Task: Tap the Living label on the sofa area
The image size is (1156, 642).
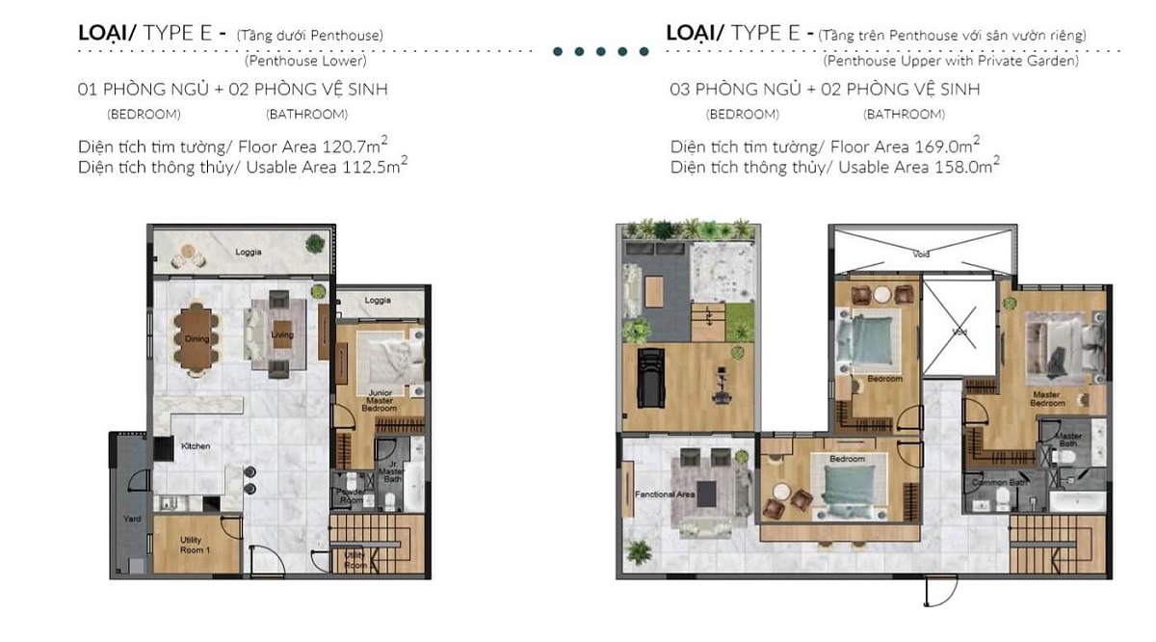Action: pyautogui.click(x=282, y=334)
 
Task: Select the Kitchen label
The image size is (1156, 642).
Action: pyautogui.click(x=196, y=446)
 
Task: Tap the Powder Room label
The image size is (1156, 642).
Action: pyautogui.click(x=350, y=495)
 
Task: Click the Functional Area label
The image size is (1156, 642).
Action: pyautogui.click(x=665, y=495)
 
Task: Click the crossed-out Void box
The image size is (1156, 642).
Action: pyautogui.click(x=958, y=328)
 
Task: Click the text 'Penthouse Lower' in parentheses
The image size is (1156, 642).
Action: pyautogui.click(x=305, y=61)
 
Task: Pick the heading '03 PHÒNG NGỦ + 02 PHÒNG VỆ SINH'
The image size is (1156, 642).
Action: pyautogui.click(x=825, y=90)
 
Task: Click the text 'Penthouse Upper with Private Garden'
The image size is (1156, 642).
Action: pyautogui.click(x=951, y=61)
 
